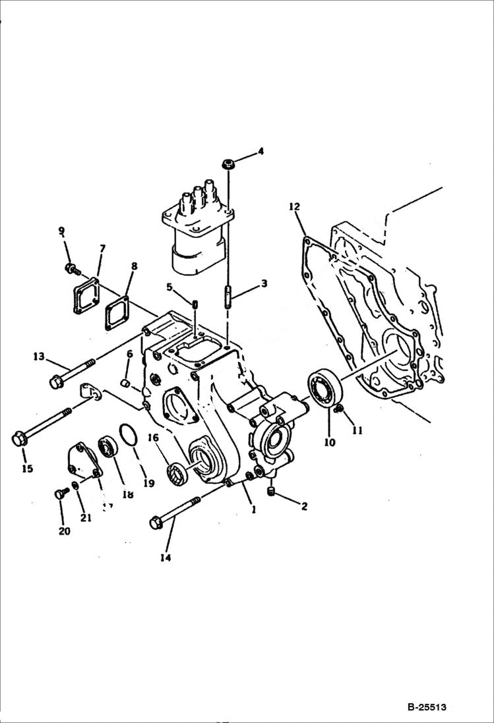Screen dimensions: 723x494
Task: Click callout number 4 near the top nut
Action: click(x=261, y=151)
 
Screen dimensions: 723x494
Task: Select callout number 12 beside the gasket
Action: click(x=294, y=207)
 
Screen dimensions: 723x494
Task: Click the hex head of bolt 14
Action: click(x=156, y=523)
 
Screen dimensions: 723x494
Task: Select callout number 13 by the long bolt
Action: click(x=39, y=357)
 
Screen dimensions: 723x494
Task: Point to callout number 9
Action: click(x=61, y=231)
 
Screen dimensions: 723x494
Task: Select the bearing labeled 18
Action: click(x=107, y=448)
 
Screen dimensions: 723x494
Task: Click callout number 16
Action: click(x=152, y=436)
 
